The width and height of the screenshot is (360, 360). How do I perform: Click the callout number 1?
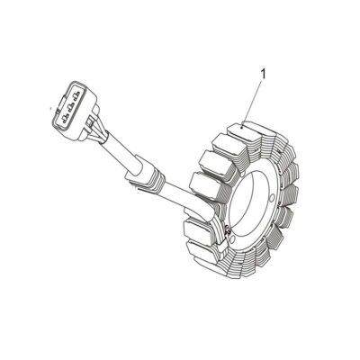(x=264, y=74)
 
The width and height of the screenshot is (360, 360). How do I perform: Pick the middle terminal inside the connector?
(x=71, y=106)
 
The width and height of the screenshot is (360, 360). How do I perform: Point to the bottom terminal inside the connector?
(x=65, y=118)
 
